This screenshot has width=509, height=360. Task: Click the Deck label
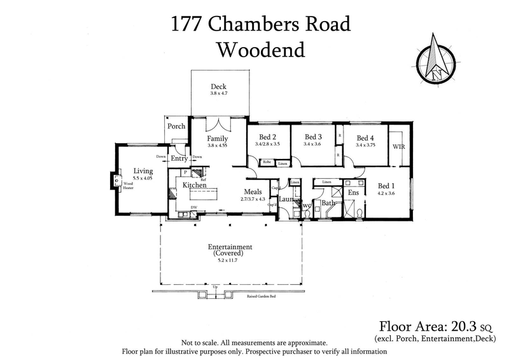[x=218, y=87]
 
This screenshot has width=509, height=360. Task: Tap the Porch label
[x=176, y=126]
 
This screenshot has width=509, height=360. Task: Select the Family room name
[x=217, y=138]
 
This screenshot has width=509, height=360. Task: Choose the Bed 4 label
[x=366, y=137]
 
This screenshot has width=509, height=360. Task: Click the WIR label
[x=399, y=146]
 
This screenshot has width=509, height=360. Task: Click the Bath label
[x=328, y=204]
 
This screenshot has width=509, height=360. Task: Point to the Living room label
[x=143, y=170]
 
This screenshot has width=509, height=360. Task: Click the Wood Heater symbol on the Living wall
[x=115, y=181]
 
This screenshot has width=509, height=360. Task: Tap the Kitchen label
[x=195, y=185]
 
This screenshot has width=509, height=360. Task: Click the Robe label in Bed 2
[x=267, y=163]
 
